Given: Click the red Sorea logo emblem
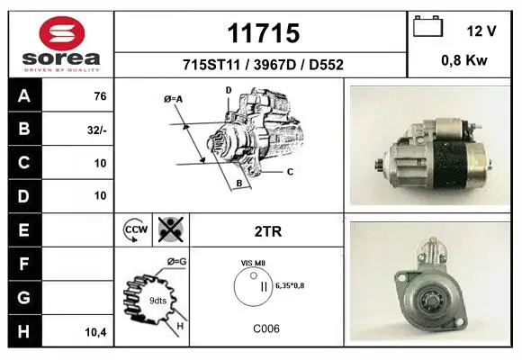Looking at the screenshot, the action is (62, 33).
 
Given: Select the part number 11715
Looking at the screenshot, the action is (264, 33).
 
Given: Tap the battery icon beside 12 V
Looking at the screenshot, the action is (427, 26).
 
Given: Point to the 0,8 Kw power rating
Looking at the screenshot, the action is (464, 60).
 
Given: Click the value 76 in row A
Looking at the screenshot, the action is (100, 96).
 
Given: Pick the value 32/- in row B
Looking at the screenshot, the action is (97, 130).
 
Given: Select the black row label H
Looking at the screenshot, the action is (24, 331).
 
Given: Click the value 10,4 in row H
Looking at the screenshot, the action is (96, 332).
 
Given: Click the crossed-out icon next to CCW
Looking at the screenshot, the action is (171, 229).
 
